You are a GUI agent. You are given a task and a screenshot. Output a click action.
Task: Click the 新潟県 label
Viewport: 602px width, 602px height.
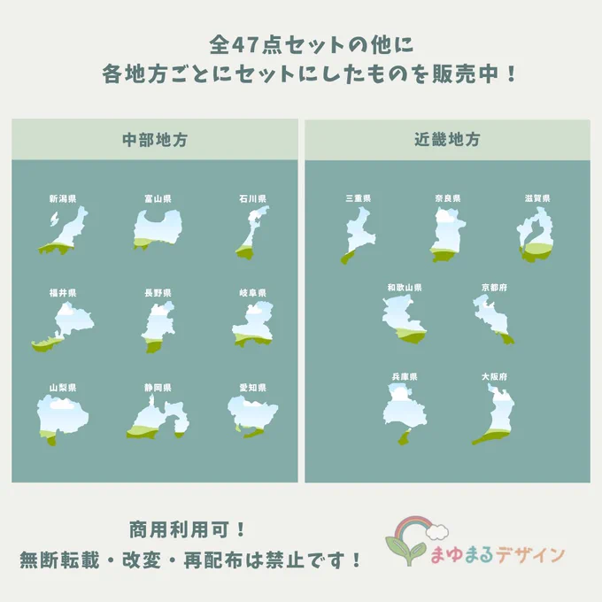(x=63, y=199)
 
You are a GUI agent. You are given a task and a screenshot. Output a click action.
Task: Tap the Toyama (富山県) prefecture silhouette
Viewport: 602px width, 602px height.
(x=158, y=229)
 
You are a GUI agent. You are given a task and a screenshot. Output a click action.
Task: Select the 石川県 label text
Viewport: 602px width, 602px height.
(x=252, y=199)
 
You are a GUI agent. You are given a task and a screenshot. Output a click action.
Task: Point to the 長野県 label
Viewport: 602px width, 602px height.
(x=158, y=293)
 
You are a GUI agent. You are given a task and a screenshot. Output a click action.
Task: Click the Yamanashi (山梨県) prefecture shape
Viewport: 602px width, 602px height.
(x=62, y=419)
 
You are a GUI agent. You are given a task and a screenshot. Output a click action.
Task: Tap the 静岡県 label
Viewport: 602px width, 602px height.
(x=158, y=388)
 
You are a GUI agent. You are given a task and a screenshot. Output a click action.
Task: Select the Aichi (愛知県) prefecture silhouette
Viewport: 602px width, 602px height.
(x=252, y=417)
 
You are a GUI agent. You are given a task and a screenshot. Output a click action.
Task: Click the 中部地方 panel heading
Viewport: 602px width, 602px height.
(x=155, y=140)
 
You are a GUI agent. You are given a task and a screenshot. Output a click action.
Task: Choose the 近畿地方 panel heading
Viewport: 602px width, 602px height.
(x=447, y=139)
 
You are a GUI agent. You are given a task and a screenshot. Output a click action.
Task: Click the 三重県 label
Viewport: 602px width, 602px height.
(x=359, y=198)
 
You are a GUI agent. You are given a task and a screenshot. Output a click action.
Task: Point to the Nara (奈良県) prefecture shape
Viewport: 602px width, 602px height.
(x=447, y=234)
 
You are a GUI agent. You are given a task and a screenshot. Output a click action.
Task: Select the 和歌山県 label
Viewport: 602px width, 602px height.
(x=405, y=288)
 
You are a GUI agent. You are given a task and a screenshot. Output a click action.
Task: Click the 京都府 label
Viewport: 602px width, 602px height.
(x=494, y=288)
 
